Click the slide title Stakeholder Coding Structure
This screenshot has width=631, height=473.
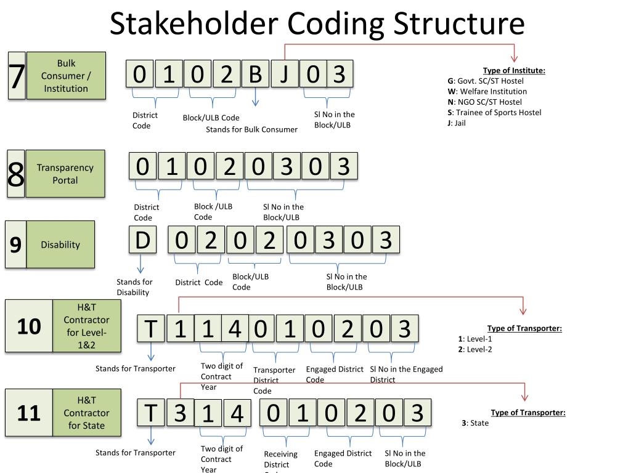(x=317, y=25)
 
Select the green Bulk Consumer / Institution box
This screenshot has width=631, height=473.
(x=66, y=76)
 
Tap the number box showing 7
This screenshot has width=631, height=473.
(x=17, y=76)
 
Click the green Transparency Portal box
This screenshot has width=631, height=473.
(x=65, y=174)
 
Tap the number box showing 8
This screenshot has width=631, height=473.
(x=16, y=174)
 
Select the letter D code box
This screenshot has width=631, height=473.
(x=142, y=240)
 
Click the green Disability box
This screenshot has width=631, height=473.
(x=60, y=245)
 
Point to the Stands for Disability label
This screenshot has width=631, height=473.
(x=134, y=287)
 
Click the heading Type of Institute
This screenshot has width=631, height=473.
(x=514, y=70)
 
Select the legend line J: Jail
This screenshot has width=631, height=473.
(x=457, y=123)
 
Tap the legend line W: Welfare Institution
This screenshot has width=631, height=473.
(x=487, y=91)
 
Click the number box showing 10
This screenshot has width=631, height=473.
(x=28, y=326)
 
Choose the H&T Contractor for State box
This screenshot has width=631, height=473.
(x=86, y=413)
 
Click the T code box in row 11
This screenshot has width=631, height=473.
(x=151, y=413)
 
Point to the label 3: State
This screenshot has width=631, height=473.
(x=475, y=423)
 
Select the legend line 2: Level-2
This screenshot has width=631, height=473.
(x=475, y=349)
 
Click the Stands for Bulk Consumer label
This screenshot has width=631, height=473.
(x=251, y=129)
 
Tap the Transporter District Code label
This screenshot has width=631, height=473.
(x=274, y=380)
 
